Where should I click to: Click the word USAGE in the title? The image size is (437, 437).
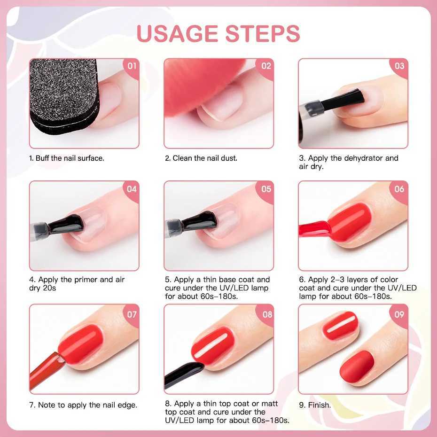pos(177,34)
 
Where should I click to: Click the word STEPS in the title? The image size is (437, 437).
pos(263,34)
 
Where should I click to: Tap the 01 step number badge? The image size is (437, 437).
pos(131,67)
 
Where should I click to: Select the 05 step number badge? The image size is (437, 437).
pos(266,190)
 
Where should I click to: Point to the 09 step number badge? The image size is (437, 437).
pos(399,315)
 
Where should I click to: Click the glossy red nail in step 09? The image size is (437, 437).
pos(341,325)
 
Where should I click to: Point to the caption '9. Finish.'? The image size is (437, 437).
pos(315,405)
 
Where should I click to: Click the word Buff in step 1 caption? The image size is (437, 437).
pos(42,158)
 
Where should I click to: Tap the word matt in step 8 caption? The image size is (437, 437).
pos(269,404)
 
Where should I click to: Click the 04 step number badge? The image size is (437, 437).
pos(132,190)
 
